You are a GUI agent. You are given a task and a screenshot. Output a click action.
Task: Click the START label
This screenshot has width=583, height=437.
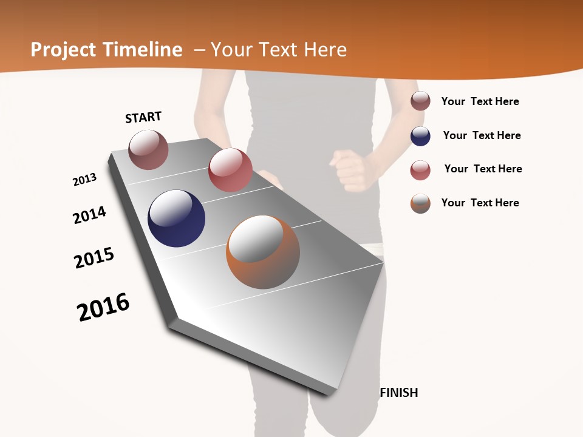point(143,117)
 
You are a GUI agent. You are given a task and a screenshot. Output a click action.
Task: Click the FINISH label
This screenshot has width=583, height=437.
point(399,393)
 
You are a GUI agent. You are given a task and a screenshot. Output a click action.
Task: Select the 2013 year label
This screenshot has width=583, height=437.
point(84,180)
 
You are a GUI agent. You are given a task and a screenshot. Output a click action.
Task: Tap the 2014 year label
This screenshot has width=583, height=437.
point(90,215)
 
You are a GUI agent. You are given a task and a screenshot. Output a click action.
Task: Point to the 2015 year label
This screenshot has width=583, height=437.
point(94,258)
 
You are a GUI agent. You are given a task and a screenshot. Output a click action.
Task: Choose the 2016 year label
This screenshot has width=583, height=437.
point(103,307)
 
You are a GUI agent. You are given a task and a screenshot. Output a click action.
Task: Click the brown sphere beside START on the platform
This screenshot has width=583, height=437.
point(148,149)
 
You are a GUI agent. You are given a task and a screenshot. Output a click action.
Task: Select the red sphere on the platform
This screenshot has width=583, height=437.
point(230,170)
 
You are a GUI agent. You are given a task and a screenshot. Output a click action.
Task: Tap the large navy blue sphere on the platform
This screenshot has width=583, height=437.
point(176,218)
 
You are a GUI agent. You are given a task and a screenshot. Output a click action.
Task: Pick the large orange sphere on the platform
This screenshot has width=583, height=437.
point(263,252)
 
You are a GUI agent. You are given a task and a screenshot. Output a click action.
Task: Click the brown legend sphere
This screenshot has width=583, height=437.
point(420,101)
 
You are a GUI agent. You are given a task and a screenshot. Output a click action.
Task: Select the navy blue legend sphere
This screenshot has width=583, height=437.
point(420,136)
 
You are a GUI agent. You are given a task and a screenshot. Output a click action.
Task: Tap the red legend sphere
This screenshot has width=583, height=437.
point(420,170)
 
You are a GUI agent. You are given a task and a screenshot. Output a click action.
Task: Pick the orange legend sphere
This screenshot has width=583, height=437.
point(420,203)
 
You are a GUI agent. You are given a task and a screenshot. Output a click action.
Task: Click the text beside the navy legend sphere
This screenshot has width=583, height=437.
point(482,135)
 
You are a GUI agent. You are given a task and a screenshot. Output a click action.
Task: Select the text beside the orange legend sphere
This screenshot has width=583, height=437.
point(480,203)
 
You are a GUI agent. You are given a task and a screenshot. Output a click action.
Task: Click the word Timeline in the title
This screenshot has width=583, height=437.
point(143,50)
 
